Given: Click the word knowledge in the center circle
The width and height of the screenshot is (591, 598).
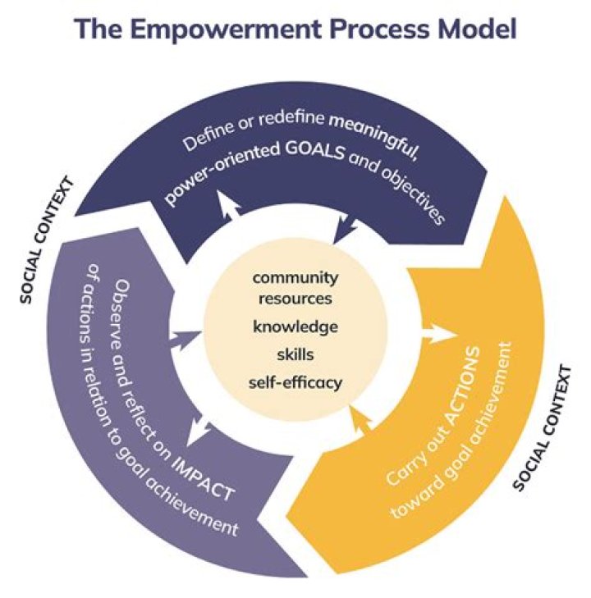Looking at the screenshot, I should tap(295, 326).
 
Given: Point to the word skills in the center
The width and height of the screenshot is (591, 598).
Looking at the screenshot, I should tap(295, 354).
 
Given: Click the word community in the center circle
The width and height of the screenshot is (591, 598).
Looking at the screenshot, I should tap(295, 276).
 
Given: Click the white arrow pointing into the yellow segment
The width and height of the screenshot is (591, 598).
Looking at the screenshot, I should tap(439, 334).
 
